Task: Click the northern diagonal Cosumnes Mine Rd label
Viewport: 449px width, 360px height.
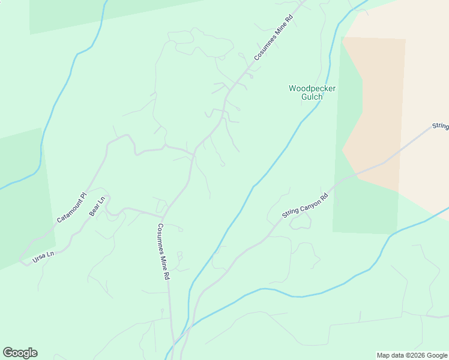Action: pos(273,37)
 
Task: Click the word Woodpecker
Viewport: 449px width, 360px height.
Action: pos(312,88)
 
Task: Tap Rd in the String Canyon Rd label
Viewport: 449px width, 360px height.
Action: pos(324,196)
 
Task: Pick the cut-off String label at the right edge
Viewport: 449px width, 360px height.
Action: pos(440,126)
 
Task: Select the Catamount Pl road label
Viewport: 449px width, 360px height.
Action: pos(72,208)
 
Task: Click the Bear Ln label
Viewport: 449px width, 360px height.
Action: pos(97,206)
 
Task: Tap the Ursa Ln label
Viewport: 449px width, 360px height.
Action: pos(43,256)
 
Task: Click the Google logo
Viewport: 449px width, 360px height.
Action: pos(20,353)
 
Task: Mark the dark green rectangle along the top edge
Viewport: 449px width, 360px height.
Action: pos(66,15)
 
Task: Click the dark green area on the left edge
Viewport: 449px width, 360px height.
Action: pos(24,198)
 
